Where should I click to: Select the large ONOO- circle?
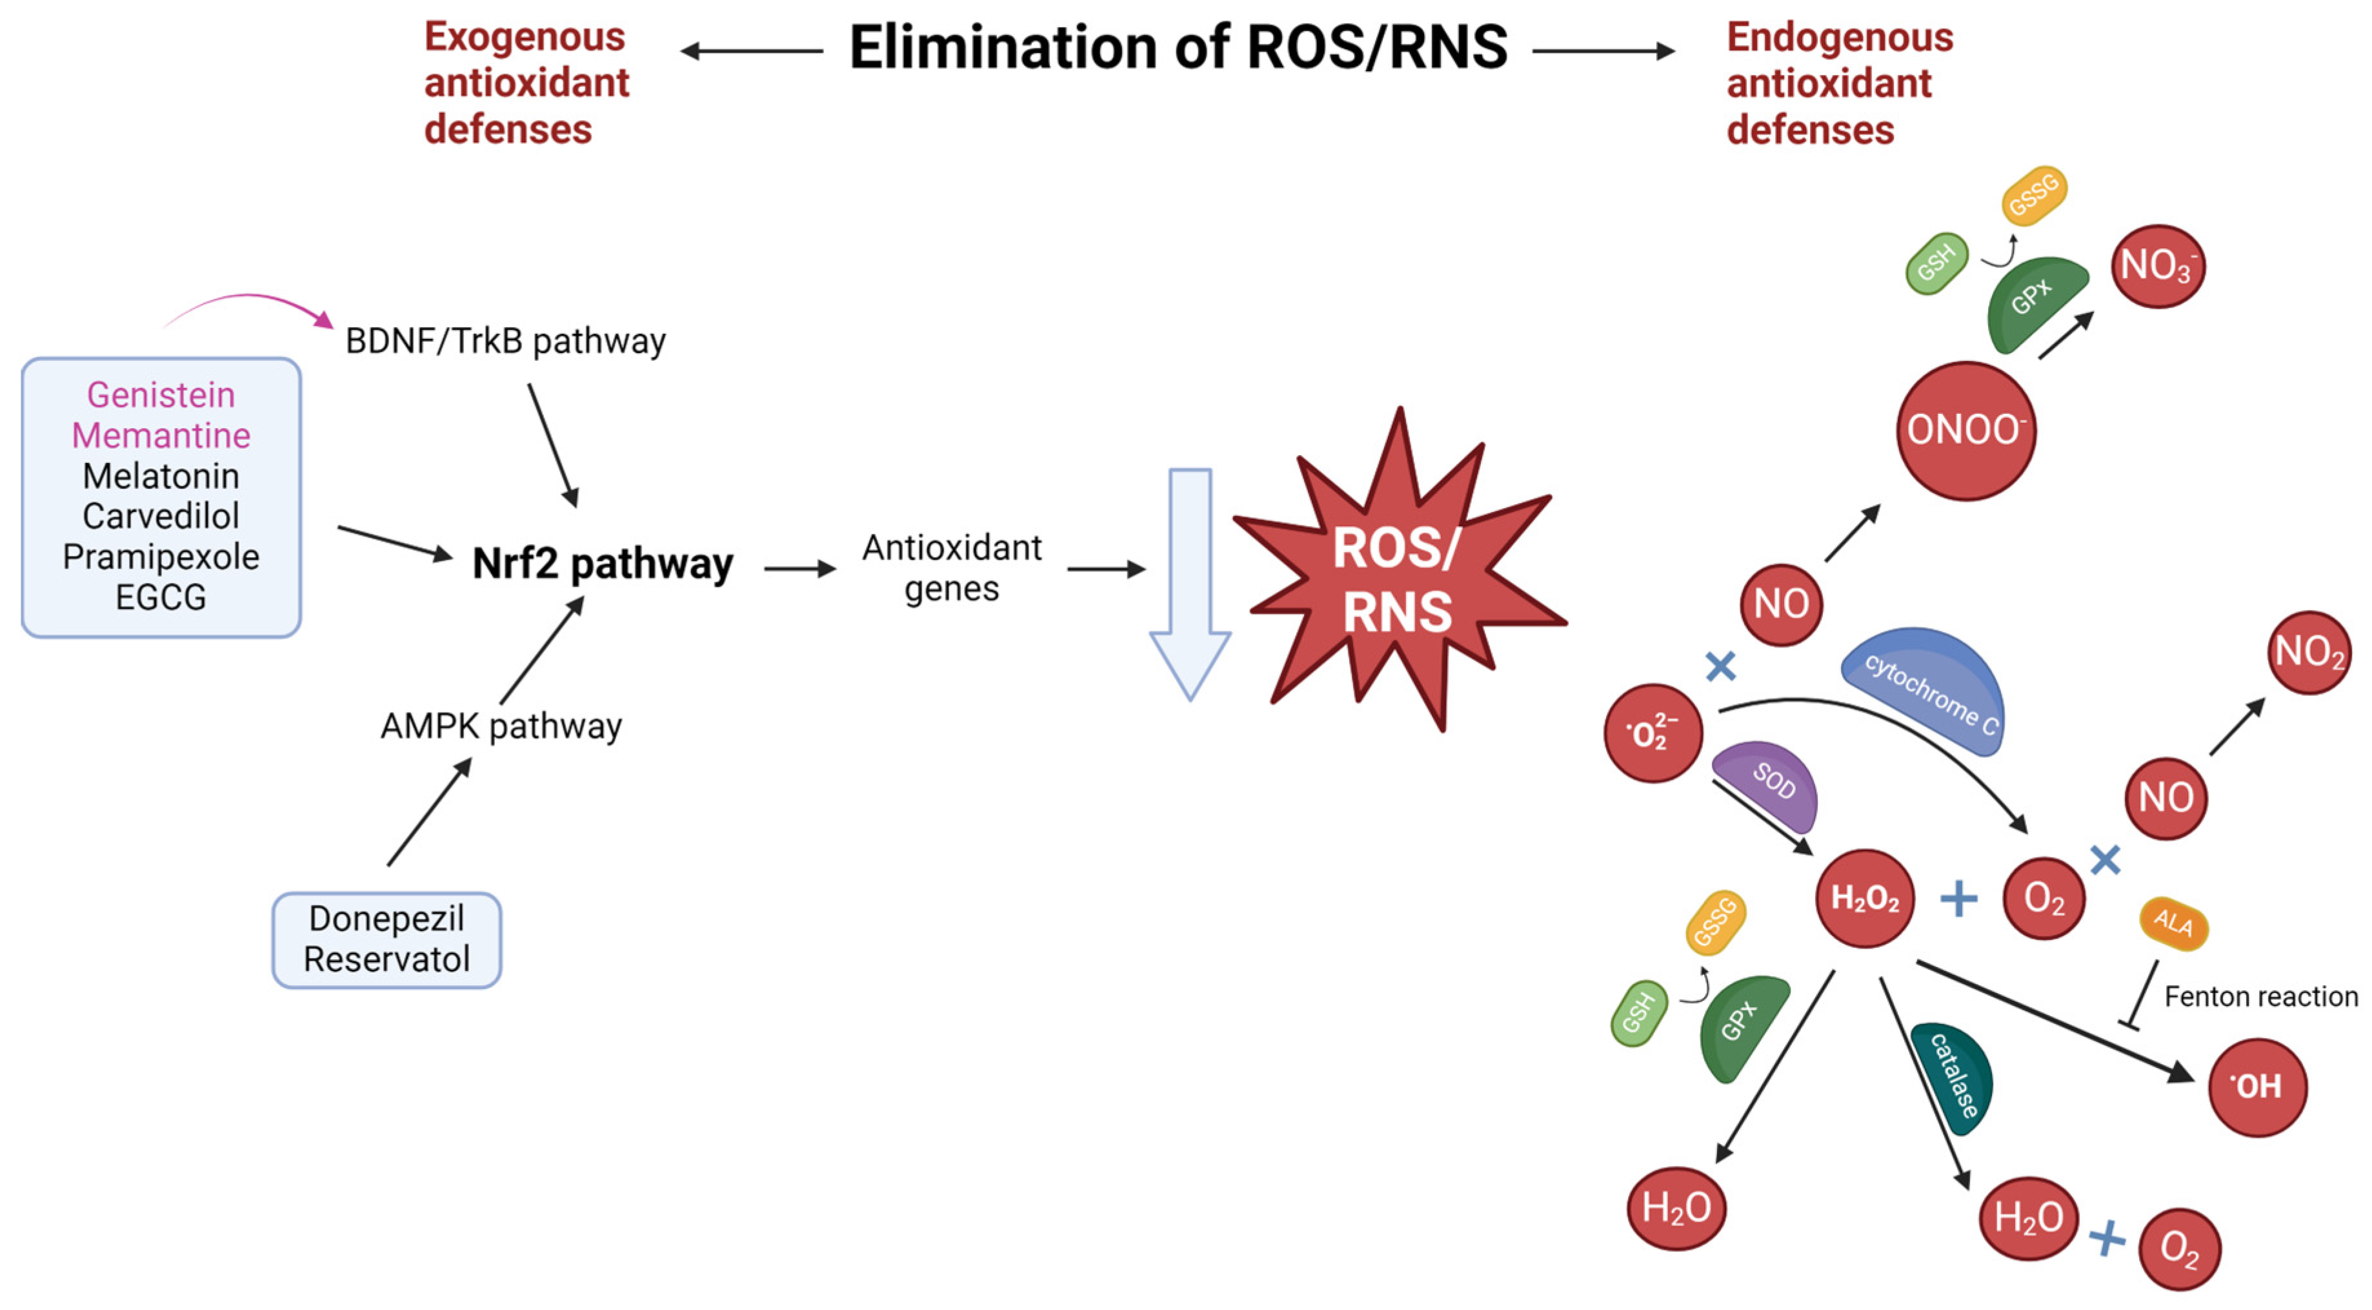pos(1965,430)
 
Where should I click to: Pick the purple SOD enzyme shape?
pos(1768,783)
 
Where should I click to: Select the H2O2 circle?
pos(1865,898)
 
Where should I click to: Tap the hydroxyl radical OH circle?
pos(2257,1087)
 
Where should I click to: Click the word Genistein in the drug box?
pos(161,395)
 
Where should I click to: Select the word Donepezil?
pos(386,919)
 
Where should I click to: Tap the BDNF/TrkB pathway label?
pos(505,342)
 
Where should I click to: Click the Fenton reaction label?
pos(2260,997)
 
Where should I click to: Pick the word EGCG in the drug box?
pos(161,598)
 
